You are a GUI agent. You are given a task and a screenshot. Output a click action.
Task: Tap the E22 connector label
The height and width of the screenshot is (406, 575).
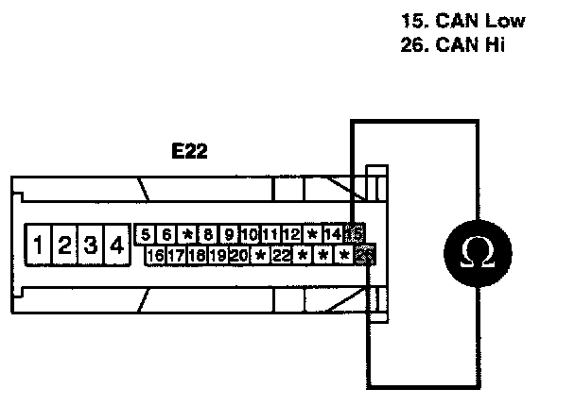pos(189,150)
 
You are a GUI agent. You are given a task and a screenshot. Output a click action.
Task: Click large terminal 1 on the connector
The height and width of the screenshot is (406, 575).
pos(38,246)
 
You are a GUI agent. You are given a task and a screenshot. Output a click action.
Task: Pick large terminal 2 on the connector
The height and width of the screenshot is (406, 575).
pos(64,246)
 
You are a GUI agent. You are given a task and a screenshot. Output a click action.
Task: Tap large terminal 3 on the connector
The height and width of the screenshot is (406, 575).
pos(90,246)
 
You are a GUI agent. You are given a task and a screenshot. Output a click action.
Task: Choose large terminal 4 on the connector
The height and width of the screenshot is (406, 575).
pos(115,246)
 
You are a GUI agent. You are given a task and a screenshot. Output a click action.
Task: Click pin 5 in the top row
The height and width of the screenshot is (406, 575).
pos(146,234)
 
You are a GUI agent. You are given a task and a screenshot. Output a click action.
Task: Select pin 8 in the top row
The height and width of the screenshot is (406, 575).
pos(208,234)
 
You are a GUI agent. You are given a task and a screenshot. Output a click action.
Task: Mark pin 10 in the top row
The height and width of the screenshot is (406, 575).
pos(250,234)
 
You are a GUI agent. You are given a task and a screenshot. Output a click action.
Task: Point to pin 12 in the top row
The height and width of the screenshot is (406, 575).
pos(291,234)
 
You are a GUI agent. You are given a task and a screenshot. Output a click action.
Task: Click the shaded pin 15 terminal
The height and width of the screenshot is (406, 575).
pos(355,234)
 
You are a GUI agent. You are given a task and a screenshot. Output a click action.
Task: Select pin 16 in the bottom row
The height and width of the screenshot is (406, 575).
pos(156,255)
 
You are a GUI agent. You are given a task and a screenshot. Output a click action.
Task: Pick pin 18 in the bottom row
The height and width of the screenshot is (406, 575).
pos(197,255)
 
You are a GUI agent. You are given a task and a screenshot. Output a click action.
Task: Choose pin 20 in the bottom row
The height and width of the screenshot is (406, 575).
pos(238,255)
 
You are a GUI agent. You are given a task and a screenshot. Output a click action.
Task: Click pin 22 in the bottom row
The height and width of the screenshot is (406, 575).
pos(281,255)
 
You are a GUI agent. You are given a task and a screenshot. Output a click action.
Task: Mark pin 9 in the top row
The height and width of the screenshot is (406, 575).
pos(229,234)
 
